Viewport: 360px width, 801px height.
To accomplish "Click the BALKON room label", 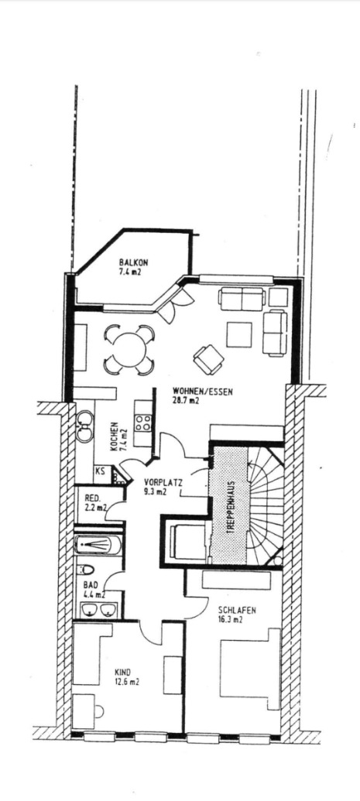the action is point(133,262).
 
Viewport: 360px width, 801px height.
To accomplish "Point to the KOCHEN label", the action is point(114,435).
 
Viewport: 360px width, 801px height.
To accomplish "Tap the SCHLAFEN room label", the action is point(237,610).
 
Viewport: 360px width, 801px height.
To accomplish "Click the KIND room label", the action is point(123,673).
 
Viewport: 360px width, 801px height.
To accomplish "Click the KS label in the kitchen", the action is point(100,471).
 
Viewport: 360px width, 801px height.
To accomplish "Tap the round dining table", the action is point(129,349).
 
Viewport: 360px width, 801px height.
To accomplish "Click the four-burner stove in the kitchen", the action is point(143,423).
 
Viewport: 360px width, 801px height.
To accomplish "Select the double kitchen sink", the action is point(85,426).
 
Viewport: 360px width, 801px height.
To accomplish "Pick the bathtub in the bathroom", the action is point(98,545).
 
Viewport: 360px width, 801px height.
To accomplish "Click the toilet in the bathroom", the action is point(87,569).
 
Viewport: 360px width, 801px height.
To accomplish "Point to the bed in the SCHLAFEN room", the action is point(250,669).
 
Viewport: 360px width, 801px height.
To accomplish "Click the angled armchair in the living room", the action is point(208,359).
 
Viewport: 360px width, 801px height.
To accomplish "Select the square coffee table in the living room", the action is point(239,334).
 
